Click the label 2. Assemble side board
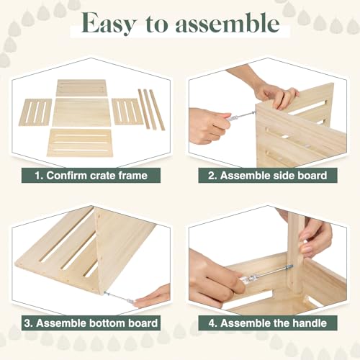point(268,175)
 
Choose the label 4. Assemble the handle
point(268,323)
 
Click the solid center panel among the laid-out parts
point(81,112)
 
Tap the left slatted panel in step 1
point(35,112)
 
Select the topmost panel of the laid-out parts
point(81,87)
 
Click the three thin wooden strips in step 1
point(151,109)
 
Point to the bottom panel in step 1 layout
point(81,142)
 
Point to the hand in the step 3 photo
point(153,295)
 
